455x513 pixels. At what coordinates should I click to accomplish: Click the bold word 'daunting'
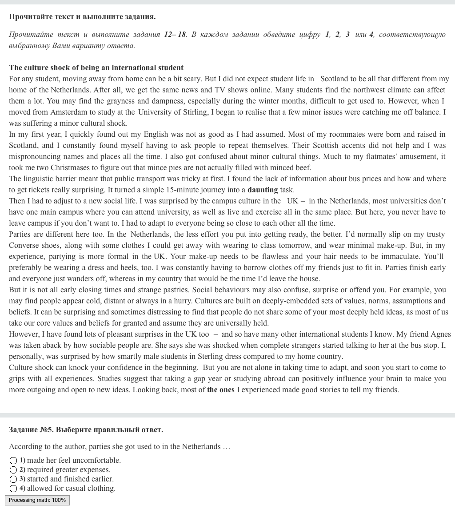coord(262,190)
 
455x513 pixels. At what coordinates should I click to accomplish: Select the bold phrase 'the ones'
coord(220,390)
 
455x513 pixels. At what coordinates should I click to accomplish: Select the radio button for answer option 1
coord(13,461)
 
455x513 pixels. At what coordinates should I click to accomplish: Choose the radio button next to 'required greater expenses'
coord(13,470)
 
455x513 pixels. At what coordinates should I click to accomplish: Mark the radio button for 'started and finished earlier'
coord(13,479)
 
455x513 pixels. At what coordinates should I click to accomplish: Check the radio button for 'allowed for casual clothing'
coord(13,489)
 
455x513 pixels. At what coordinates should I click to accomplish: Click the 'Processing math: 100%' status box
coord(37,500)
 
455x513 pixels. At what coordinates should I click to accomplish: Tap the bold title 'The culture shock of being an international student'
coord(96,68)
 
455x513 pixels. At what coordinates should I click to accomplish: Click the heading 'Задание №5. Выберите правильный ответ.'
coord(86,429)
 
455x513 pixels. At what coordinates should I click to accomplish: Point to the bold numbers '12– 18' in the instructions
coord(175,34)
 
